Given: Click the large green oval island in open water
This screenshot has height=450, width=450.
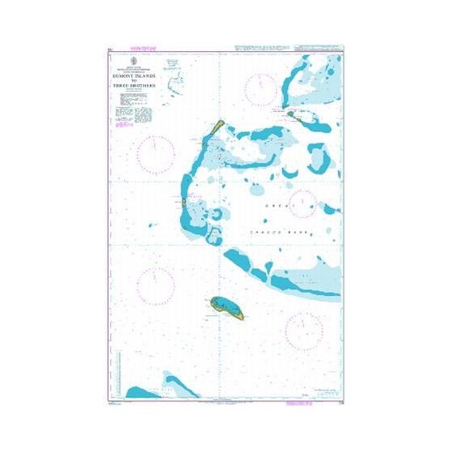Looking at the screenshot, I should [x=226, y=306].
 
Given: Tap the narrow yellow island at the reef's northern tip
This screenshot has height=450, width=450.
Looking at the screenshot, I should [x=217, y=126].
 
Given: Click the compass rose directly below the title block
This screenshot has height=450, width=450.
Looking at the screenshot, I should [x=155, y=153].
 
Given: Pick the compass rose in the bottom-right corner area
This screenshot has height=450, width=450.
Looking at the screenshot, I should [x=303, y=328].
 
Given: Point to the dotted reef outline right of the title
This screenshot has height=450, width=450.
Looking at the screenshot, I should [x=174, y=81].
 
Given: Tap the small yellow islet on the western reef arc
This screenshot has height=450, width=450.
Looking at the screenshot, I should [x=185, y=202].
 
